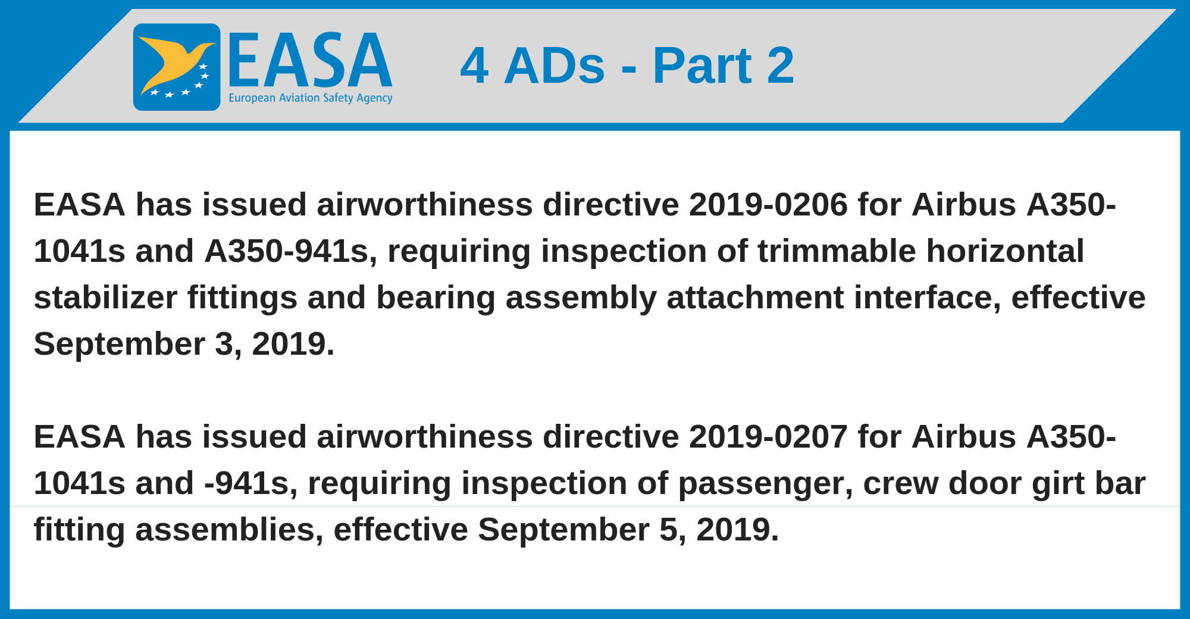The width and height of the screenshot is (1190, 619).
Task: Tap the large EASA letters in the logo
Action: (x=310, y=61)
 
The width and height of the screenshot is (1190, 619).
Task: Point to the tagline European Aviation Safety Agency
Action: (x=311, y=98)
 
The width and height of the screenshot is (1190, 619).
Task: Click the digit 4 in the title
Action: (x=474, y=65)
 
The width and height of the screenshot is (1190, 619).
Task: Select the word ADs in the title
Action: (x=555, y=65)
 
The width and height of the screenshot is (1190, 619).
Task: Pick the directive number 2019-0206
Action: (x=768, y=205)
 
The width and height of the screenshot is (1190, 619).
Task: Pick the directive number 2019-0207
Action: (x=768, y=437)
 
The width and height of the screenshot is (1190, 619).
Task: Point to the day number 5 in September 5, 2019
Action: (x=668, y=530)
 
